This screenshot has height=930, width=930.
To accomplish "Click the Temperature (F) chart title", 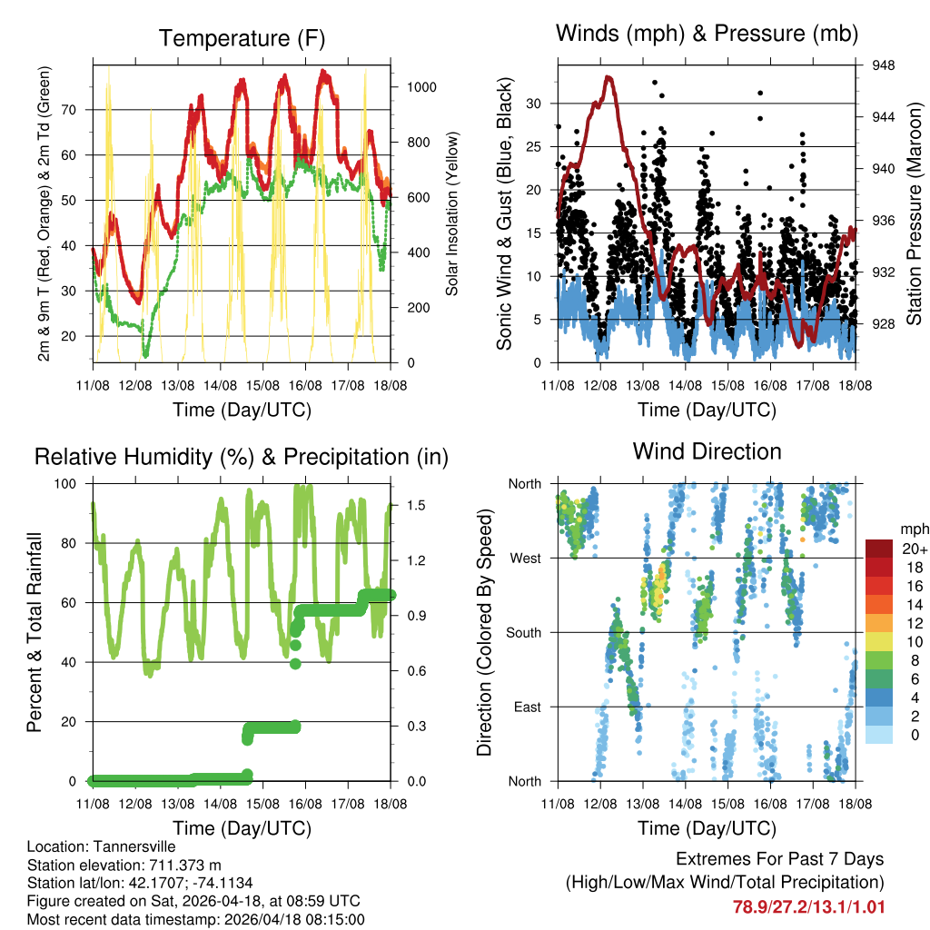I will pyautogui.click(x=242, y=38).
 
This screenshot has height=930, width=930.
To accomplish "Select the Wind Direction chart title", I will pyautogui.click(x=707, y=451).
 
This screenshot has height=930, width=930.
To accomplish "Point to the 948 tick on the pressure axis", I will pyautogui.click(x=884, y=65).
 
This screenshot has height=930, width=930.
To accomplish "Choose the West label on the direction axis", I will pyautogui.click(x=525, y=558).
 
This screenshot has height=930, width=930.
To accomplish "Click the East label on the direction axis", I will pyautogui.click(x=527, y=707).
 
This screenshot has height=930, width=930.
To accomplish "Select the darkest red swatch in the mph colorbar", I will pyautogui.click(x=879, y=548).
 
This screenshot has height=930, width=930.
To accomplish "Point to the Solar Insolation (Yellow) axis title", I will pyautogui.click(x=451, y=213).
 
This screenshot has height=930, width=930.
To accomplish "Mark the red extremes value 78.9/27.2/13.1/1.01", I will pyautogui.click(x=808, y=906).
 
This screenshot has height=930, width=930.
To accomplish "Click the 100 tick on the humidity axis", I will pyautogui.click(x=70, y=483).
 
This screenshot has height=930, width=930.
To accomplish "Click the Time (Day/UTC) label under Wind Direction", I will pyautogui.click(x=707, y=827).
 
